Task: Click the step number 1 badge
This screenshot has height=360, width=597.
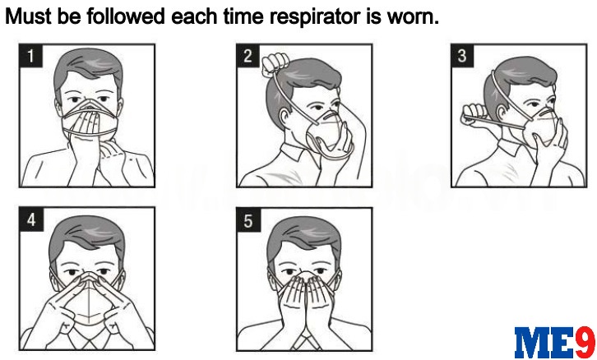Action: coord(30,56)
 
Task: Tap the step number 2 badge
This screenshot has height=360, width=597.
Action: coord(248,56)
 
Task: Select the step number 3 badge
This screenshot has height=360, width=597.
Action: coord(462,56)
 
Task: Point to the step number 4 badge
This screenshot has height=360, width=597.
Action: coord(31,219)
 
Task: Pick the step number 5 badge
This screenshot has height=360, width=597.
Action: coord(248,220)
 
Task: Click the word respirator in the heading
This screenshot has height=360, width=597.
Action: coord(317,17)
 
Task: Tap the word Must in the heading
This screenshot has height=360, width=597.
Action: coord(29,16)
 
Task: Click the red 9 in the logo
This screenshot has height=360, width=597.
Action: coord(585,342)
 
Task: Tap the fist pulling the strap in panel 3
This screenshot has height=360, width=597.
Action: coord(474,114)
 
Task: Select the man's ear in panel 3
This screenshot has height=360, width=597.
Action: coord(502,113)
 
